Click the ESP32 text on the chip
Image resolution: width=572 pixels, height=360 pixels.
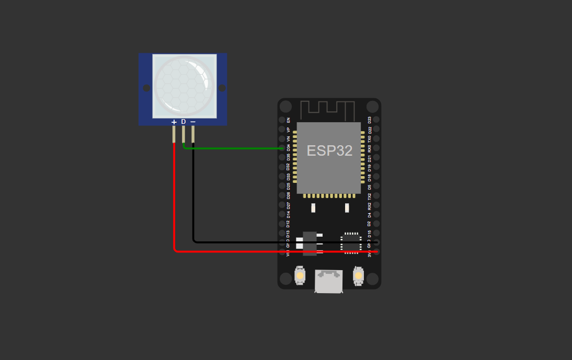click(329, 151)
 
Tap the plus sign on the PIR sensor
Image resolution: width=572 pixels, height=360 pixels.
click(174, 122)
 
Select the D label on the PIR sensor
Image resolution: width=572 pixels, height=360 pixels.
click(184, 122)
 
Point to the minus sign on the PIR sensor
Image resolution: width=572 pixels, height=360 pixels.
click(193, 122)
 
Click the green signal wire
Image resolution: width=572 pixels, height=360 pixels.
click(235, 148)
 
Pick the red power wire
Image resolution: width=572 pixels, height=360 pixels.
click(174, 209)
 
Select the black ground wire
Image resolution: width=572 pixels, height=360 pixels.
click(193, 199)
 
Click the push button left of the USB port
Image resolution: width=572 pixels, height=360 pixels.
click(300, 275)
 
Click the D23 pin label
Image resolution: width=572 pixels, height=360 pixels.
click(370, 120)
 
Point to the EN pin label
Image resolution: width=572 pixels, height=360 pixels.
click(289, 120)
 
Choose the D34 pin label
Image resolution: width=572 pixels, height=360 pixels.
click(289, 148)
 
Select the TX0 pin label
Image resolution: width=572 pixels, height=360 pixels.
click(370, 139)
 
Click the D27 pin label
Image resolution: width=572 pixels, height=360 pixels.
click(289, 205)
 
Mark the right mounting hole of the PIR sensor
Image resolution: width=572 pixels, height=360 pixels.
click(222, 88)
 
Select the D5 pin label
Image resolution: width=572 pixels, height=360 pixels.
click(370, 187)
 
